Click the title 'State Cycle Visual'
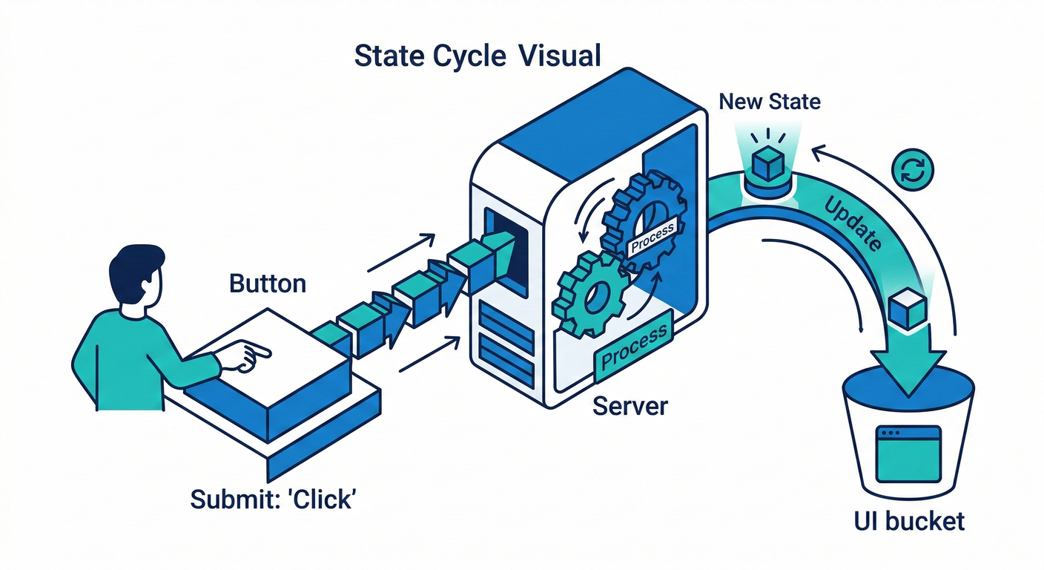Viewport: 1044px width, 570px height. coord(477,56)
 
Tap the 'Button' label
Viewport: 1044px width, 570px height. coord(267,284)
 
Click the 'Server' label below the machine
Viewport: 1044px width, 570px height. coord(630,406)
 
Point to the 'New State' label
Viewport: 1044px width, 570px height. coord(770,101)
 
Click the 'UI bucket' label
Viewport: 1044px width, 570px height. coord(910,521)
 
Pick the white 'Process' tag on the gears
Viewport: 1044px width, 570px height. coord(652,237)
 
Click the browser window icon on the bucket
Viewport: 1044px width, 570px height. coord(908,453)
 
